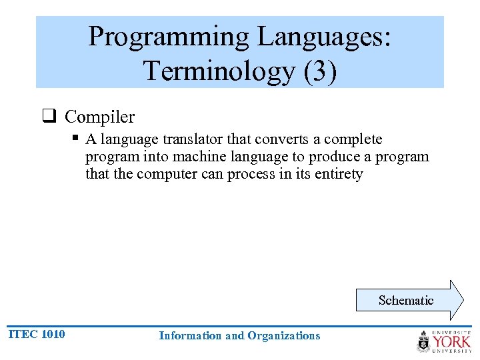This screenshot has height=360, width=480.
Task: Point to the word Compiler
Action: click(99, 117)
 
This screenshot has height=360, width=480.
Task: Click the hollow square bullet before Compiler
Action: click(49, 117)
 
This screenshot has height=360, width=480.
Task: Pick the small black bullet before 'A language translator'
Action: click(76, 138)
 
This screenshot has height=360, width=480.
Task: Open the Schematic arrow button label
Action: click(405, 301)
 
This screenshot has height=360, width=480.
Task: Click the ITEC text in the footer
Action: click(22, 334)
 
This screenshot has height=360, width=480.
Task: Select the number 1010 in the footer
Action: click(53, 334)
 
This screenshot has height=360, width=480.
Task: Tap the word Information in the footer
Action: click(189, 336)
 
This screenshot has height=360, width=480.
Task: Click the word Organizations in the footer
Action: click(283, 336)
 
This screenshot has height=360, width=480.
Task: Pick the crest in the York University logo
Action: click(423, 341)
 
